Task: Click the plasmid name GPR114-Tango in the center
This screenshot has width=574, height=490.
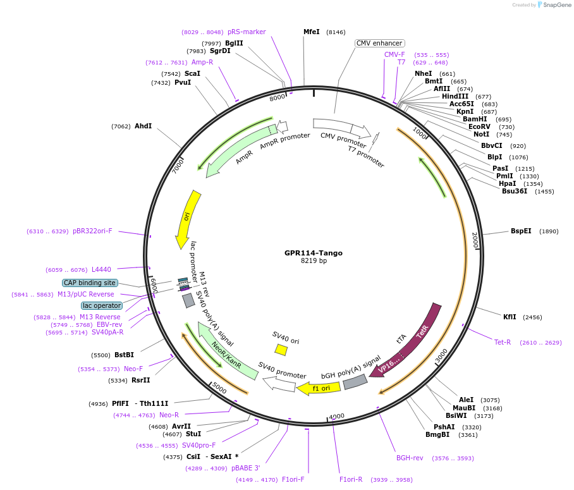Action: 313,253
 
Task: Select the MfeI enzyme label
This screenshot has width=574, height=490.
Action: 312,32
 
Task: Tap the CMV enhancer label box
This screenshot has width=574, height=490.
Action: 379,43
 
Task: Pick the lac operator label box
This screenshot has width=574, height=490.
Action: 102,305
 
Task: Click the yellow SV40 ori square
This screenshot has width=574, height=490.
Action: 281,350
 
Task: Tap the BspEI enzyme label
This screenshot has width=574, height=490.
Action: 521,231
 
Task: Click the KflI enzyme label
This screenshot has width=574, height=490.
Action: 510,317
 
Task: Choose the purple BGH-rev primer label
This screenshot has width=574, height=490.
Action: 410,458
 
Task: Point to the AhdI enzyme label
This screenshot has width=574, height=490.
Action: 143,126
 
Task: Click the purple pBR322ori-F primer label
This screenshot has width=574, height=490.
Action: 92,231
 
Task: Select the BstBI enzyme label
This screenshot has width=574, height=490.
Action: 124,355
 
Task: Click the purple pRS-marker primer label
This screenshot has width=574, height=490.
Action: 247,32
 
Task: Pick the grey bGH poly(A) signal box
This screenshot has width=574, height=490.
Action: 355,381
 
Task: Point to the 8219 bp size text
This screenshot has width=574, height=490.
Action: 314,260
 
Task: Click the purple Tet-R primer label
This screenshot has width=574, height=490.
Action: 503,342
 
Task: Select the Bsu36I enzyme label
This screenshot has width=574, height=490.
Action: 514,191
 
